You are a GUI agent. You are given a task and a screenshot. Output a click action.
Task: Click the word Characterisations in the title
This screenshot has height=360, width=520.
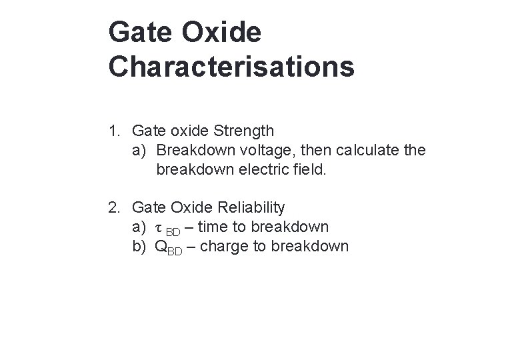[231, 67]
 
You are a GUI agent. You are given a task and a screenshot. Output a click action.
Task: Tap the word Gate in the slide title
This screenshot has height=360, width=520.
[139, 31]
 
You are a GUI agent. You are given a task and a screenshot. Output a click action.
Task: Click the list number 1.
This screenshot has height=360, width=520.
[113, 131]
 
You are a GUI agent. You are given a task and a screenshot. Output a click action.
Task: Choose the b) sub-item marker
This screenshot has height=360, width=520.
[139, 247]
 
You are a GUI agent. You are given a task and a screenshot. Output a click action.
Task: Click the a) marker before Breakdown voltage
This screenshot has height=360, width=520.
[139, 150]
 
